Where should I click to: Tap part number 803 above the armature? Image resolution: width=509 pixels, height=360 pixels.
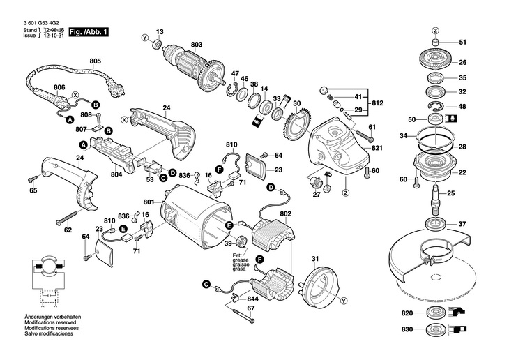point(196,45)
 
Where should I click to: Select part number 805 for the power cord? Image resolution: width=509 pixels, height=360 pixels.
point(96,61)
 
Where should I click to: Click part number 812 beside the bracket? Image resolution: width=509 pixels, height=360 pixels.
point(377,103)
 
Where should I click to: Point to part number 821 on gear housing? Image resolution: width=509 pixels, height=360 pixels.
point(377,148)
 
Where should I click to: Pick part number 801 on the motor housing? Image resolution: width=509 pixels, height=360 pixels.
point(148,203)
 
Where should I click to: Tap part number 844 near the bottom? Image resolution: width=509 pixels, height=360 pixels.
point(252,299)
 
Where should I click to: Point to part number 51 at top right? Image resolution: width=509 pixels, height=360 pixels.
point(463,43)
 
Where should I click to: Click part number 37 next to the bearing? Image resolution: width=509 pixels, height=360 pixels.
point(462,224)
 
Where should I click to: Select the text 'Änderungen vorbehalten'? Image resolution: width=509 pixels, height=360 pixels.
point(52,317)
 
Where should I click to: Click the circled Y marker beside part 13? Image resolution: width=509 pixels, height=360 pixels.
point(144,36)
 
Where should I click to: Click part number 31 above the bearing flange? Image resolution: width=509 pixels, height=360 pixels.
point(314,260)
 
